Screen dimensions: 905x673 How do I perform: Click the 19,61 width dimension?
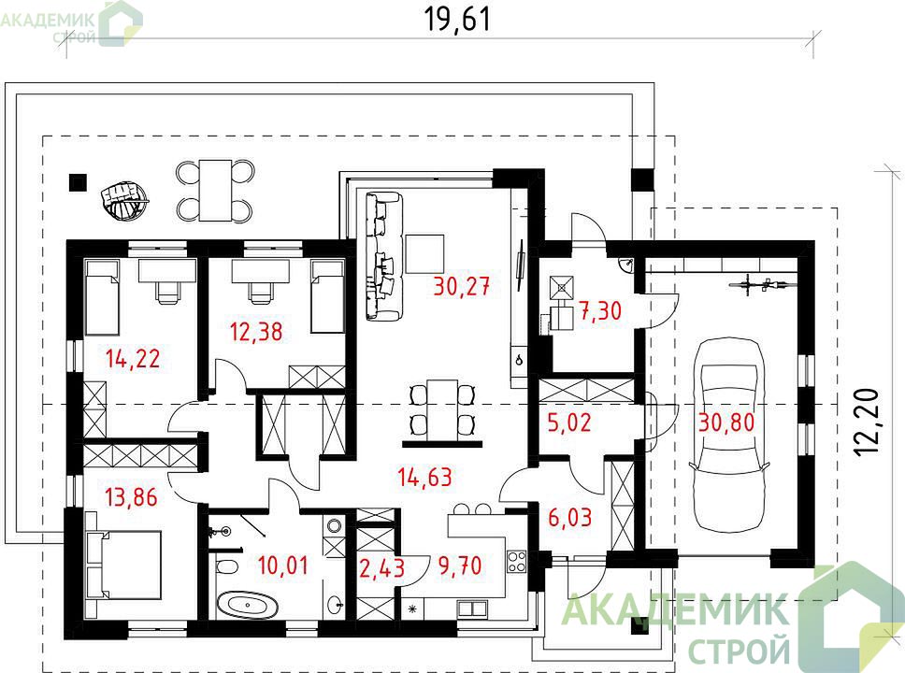coord(458,19)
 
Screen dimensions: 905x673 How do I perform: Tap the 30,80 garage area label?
coord(726,422)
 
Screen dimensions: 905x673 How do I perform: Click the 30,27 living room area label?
coord(462,286)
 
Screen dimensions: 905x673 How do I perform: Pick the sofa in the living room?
coord(382,256)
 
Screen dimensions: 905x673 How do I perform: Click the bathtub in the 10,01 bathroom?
coord(247,606)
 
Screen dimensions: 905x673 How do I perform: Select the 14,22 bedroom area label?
coord(133,358)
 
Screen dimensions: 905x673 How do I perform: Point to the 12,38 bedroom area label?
coord(256,332)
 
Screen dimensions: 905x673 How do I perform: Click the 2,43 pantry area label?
coord(381,568)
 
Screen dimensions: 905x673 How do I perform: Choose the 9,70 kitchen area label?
coord(460,566)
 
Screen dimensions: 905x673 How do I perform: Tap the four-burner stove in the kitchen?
coord(517,562)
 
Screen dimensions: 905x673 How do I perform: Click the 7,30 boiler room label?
coord(600,310)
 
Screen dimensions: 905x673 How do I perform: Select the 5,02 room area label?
coord(569,422)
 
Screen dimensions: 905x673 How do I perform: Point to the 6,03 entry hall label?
coord(569,518)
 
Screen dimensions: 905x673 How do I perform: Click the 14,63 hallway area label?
coord(424,478)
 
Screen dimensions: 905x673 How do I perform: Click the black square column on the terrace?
coord(78,182)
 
